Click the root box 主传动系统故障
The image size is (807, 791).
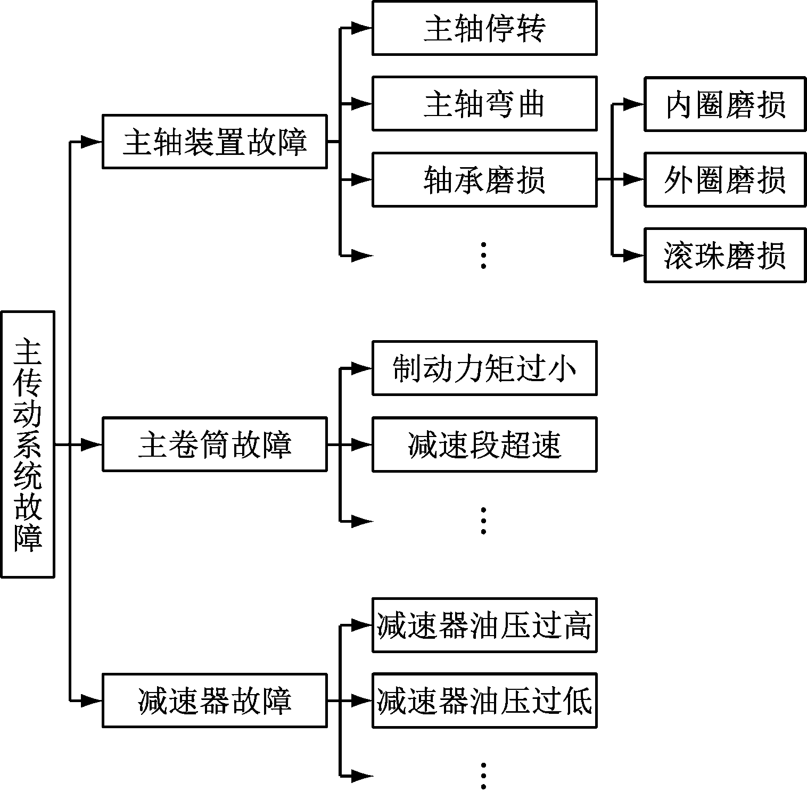click(x=28, y=444)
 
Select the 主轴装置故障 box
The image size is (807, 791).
click(x=214, y=142)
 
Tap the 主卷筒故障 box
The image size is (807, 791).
click(x=214, y=444)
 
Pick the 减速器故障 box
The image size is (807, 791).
click(x=214, y=701)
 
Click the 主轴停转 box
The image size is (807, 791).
click(x=484, y=28)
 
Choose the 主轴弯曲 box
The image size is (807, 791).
click(x=484, y=103)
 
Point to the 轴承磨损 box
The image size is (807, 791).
click(x=484, y=179)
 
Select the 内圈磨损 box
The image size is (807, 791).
click(x=724, y=104)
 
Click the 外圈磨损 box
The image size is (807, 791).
click(x=724, y=179)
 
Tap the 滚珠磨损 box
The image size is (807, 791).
click(x=724, y=256)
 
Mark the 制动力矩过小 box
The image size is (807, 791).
click(x=484, y=368)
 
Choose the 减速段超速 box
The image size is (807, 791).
click(x=484, y=444)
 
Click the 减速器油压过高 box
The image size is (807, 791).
click(x=484, y=625)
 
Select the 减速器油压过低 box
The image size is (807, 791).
click(x=484, y=701)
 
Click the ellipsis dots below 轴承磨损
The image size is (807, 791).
click(x=483, y=255)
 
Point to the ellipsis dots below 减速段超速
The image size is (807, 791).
click(x=483, y=520)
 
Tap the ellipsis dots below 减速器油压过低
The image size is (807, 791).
click(x=483, y=776)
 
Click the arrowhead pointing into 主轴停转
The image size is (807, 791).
click(x=362, y=28)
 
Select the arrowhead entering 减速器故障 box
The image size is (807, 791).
click(x=92, y=701)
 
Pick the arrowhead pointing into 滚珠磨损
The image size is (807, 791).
click(x=634, y=256)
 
